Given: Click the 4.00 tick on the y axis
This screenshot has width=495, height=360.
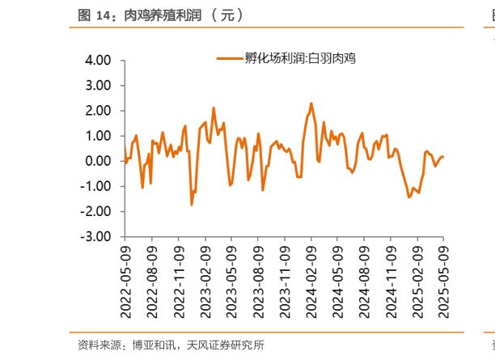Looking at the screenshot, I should [96, 60].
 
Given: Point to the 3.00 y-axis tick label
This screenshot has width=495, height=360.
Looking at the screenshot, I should [96, 85].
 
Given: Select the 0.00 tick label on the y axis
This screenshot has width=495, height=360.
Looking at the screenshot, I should [96, 160].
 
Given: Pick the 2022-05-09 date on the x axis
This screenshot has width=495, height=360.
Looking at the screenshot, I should [125, 279].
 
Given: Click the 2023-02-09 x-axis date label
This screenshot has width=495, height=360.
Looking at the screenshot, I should [205, 279].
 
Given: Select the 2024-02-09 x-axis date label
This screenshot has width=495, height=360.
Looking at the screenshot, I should [311, 279].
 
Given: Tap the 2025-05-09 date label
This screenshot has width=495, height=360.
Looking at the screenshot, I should [444, 279].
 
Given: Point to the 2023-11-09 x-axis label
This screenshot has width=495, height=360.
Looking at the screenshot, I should [285, 279].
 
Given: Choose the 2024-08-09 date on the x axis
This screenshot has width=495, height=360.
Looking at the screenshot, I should [364, 279].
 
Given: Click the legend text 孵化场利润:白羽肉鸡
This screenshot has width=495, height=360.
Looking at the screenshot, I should [300, 58].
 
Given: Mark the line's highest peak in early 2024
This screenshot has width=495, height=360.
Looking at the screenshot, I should [311, 104].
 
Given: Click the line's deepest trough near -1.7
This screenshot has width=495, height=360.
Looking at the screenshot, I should [192, 205].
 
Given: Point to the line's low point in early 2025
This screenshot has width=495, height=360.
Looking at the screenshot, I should [409, 197].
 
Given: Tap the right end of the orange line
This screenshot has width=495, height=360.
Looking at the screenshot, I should [443, 157].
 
